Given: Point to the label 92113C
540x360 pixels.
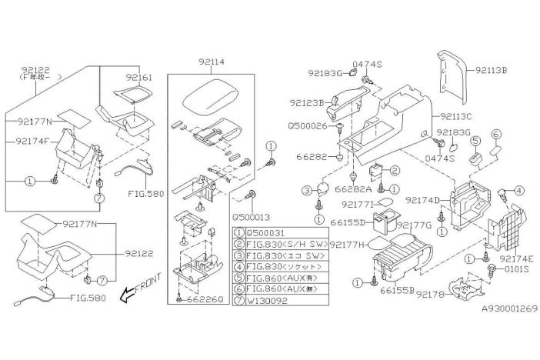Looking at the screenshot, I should click(458, 117).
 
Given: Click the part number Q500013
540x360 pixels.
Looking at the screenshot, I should click(252, 218).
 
